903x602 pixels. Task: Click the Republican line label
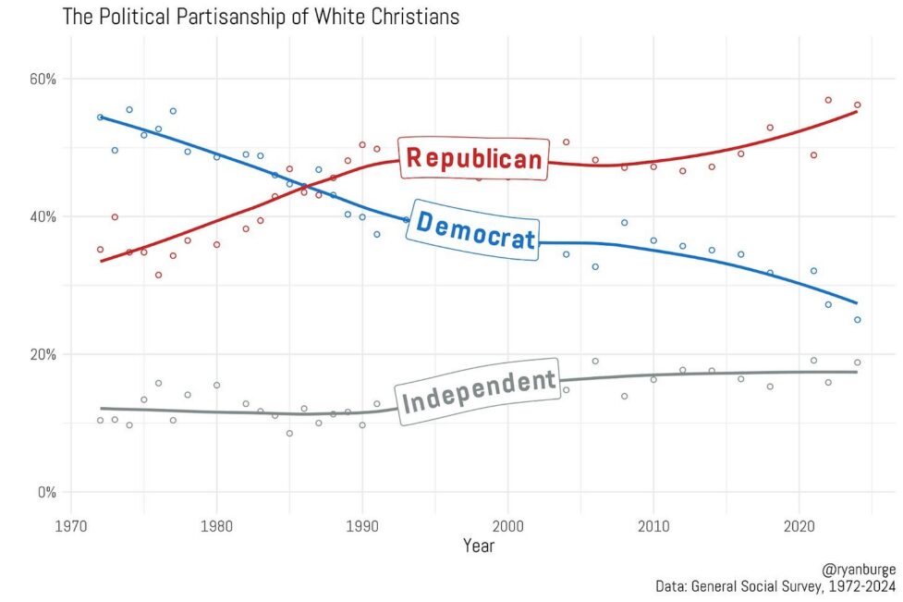(x=475, y=158)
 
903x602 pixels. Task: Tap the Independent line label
(x=479, y=391)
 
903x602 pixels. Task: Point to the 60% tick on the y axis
(x=42, y=79)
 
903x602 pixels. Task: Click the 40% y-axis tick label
(x=42, y=216)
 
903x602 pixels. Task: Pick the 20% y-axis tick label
(x=42, y=354)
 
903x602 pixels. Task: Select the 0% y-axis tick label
(x=45, y=492)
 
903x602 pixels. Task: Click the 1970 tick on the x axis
(x=71, y=524)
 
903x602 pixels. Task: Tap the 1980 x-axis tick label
(x=216, y=524)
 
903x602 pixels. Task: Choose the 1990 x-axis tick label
(x=362, y=524)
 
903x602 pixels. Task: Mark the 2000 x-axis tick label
(x=507, y=524)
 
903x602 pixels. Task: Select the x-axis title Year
(x=479, y=546)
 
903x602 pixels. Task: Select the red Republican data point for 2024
(x=857, y=105)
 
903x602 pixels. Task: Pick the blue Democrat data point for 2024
(x=857, y=320)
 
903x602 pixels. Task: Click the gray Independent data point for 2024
(x=857, y=362)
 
